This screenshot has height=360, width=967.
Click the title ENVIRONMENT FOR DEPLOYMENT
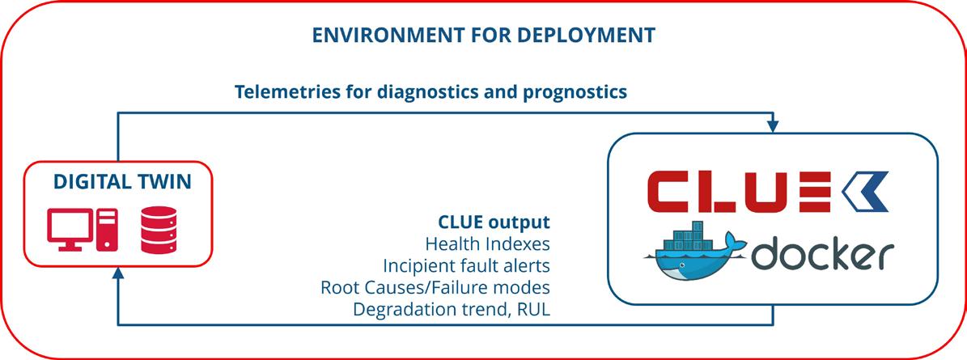pyautogui.click(x=484, y=35)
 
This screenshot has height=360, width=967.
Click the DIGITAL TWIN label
pyautogui.click(x=122, y=182)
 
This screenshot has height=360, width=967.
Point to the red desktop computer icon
pyautogui.click(x=82, y=229)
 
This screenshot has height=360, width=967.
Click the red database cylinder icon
pyautogui.click(x=159, y=230)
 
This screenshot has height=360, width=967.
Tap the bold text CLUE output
pyautogui.click(x=494, y=222)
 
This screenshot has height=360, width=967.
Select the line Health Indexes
pyautogui.click(x=487, y=244)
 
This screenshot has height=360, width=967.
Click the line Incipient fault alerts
pyautogui.click(x=466, y=265)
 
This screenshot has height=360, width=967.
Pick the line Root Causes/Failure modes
pyautogui.click(x=435, y=287)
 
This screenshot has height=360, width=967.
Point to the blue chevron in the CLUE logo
pyautogui.click(x=864, y=192)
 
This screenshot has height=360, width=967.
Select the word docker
pyautogui.click(x=823, y=255)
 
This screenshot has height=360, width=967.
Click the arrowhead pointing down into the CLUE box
pyautogui.click(x=774, y=127)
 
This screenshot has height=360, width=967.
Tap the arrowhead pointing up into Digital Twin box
pyautogui.click(x=118, y=273)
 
